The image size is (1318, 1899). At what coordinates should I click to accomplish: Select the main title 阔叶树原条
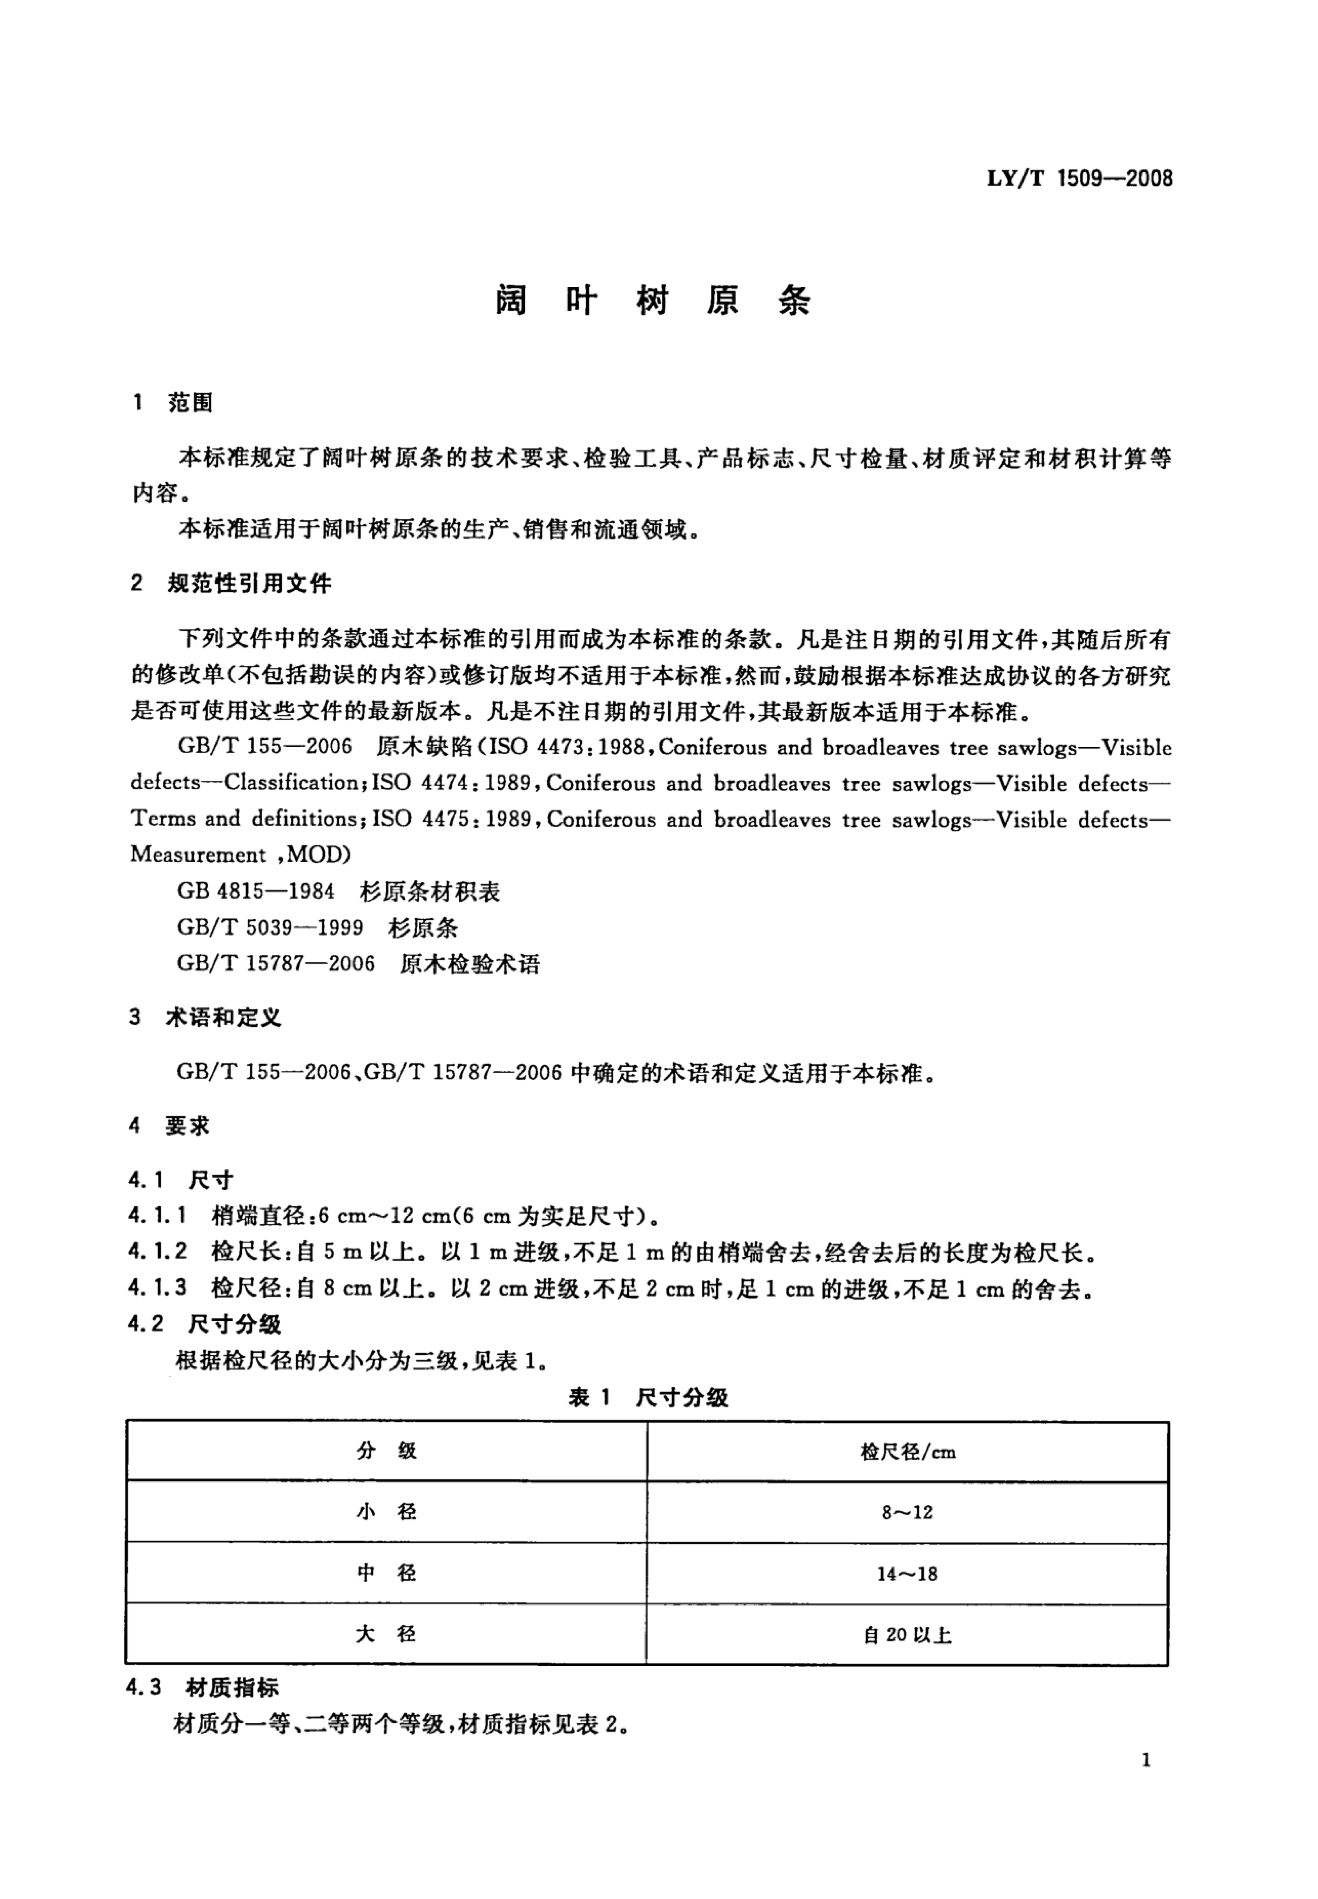coord(652,301)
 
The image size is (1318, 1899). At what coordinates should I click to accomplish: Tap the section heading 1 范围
coord(173,403)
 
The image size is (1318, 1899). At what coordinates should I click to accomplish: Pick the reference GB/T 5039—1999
coord(270,927)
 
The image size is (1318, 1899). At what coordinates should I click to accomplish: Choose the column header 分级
coord(387,1452)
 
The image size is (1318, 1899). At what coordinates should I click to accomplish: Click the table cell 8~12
coord(907,1513)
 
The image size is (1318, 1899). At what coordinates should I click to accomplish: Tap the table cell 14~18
coord(907,1574)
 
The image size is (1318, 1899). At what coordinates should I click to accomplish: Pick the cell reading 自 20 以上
coord(907,1635)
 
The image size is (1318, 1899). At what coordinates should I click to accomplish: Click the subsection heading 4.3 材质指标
coord(203,1688)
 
